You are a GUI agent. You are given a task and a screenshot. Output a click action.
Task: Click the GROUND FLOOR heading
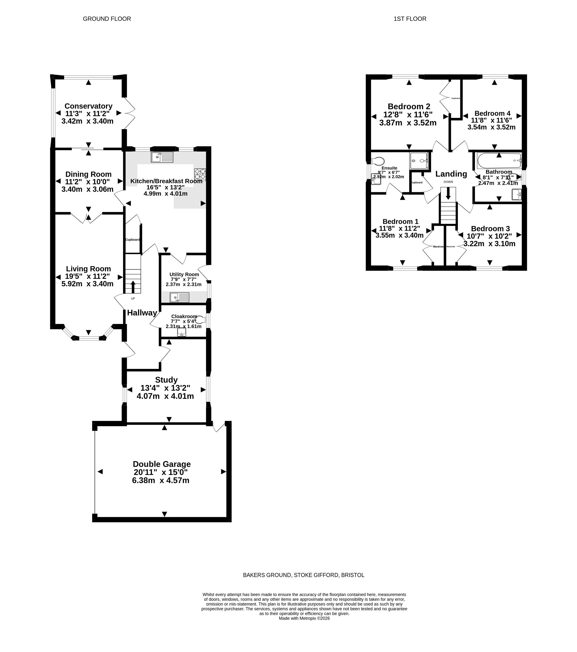107,19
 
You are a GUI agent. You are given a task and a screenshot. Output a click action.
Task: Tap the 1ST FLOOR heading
410,19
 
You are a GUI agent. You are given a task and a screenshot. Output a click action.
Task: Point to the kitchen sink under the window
162,157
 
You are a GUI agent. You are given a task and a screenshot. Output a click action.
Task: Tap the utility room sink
179,297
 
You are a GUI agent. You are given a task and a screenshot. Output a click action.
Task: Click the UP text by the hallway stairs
133,299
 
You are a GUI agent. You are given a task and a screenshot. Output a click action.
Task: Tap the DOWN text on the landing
448,182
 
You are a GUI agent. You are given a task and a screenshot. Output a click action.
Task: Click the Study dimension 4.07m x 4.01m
165,396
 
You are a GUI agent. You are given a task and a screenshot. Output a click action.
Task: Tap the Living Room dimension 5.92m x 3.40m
87,284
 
